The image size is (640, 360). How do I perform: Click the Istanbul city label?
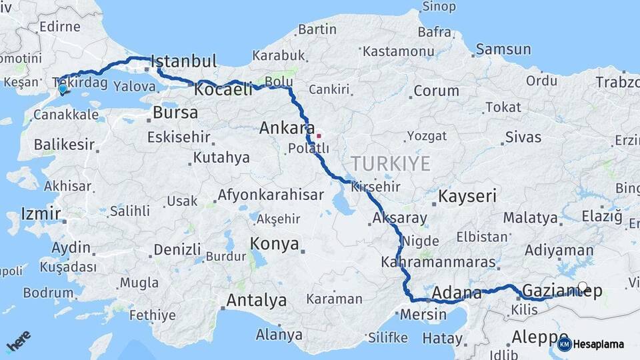click(x=185, y=62)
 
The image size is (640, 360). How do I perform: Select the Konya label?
click(x=274, y=244)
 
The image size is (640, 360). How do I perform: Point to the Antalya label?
click(x=256, y=301)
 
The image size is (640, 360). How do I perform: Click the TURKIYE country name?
click(x=391, y=163)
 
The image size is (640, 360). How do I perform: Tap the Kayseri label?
click(x=467, y=196)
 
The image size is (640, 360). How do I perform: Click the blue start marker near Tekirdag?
click(x=62, y=89)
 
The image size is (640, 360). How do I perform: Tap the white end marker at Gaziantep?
click(x=583, y=287)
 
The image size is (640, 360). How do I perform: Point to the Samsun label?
click(x=503, y=49)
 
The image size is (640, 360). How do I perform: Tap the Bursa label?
click(x=175, y=113)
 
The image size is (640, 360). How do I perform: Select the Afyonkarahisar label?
click(x=271, y=196)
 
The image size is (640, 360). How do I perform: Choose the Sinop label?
click(x=441, y=7)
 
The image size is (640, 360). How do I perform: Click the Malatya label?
click(x=530, y=218)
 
